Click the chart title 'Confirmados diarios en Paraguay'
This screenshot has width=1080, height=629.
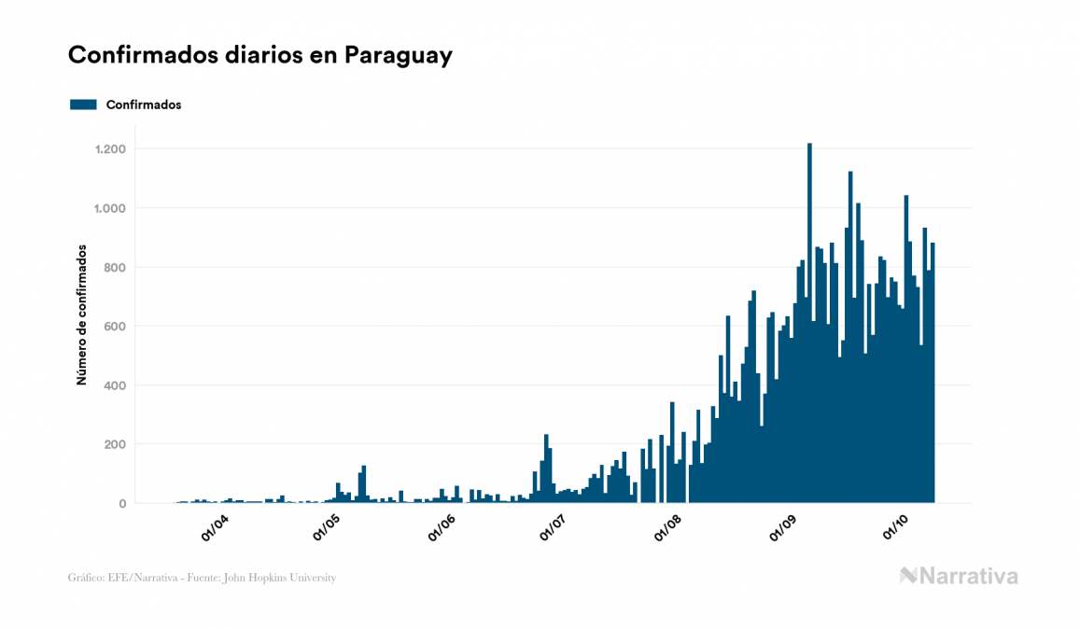pos(260,55)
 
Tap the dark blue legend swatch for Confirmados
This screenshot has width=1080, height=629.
pos(83,105)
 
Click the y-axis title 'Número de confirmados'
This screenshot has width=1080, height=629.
pos(81,315)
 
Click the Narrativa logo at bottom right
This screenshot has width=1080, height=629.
pos(959,576)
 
